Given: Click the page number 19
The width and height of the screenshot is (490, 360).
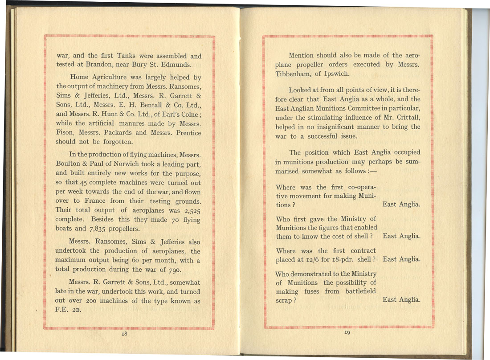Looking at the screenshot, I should click(348, 332).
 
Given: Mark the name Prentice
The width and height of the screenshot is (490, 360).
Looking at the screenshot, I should click(187, 133).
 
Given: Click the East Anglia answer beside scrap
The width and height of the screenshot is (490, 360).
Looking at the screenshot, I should click(401, 299).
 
